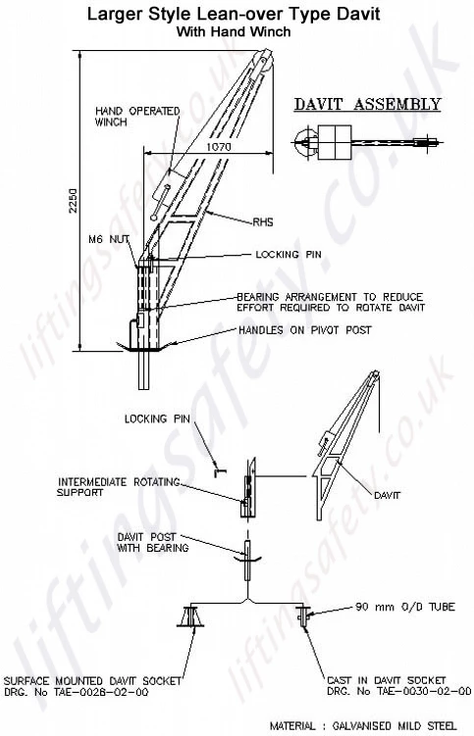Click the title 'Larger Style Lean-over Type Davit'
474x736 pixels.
(234, 14)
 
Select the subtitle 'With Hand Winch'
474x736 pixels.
(234, 32)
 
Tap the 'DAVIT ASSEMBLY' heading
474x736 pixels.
(367, 104)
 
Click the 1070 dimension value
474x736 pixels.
(219, 147)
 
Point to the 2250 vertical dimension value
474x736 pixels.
(74, 201)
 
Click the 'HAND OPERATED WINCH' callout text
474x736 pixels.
(137, 117)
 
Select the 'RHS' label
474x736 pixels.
(263, 222)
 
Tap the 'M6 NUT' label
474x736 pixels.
(109, 239)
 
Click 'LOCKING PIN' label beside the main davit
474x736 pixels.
(289, 255)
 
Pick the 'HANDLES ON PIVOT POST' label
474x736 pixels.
(304, 330)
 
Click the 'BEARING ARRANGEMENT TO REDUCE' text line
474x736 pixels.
(330, 297)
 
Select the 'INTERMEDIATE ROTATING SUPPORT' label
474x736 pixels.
(119, 487)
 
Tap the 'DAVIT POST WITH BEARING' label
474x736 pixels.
(153, 542)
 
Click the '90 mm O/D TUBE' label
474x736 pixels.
(405, 607)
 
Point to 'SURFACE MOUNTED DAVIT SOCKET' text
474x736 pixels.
(92, 680)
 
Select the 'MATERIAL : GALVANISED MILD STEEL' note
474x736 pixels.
(363, 725)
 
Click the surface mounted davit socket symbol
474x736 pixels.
(190, 616)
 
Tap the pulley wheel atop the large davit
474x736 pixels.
(264, 61)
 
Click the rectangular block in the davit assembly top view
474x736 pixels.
(335, 142)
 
